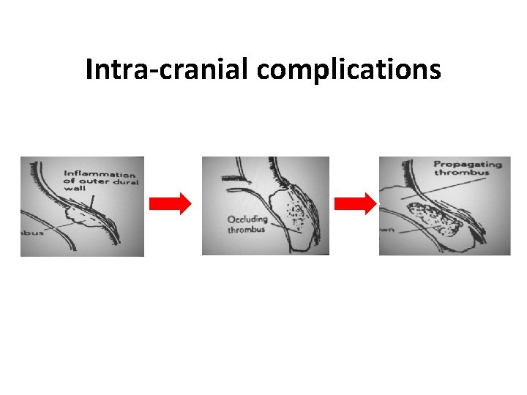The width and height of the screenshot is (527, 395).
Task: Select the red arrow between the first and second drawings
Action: (x=170, y=205)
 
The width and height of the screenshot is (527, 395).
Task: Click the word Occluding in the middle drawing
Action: (x=247, y=219)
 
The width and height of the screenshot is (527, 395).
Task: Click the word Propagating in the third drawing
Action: (x=467, y=164)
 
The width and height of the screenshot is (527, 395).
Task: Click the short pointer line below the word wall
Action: (x=91, y=198)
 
